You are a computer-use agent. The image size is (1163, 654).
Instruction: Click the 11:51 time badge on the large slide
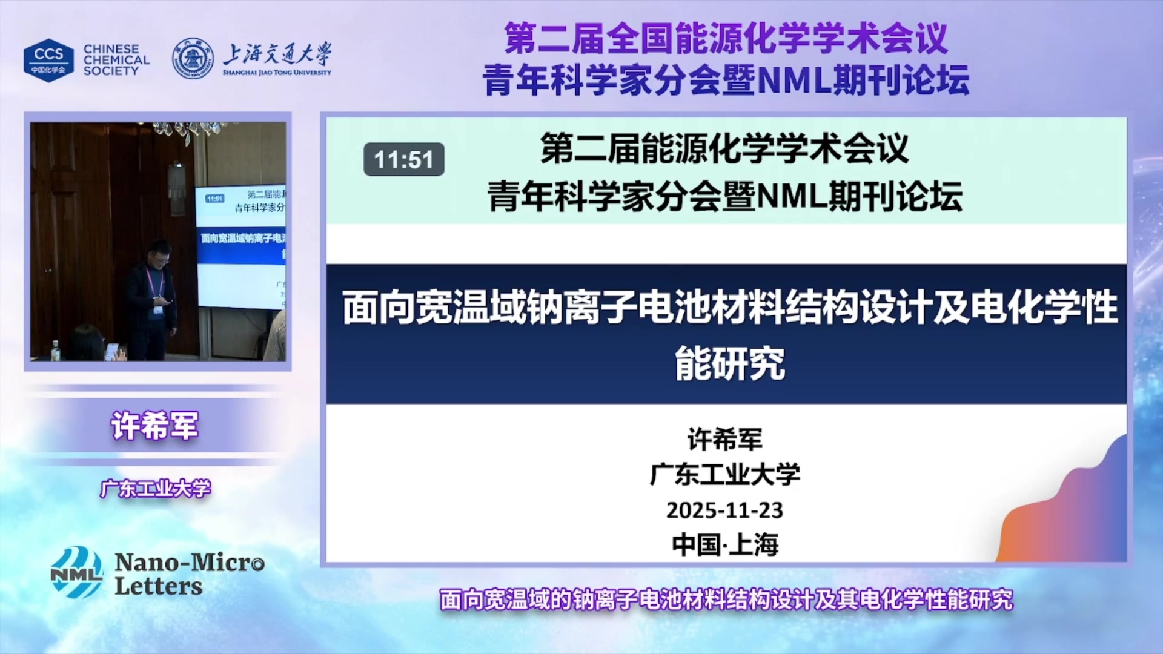(403, 160)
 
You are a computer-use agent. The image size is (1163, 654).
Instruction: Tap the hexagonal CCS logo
(48, 60)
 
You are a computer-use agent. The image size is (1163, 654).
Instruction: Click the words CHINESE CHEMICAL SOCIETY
(116, 60)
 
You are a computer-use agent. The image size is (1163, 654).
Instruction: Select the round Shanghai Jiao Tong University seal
(193, 59)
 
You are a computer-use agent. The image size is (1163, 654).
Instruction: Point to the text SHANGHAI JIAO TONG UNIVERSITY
(277, 73)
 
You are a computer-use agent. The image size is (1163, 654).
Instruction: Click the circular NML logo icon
(76, 572)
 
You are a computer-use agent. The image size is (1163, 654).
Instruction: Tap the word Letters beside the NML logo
(159, 586)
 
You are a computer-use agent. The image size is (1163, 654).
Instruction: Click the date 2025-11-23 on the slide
(724, 510)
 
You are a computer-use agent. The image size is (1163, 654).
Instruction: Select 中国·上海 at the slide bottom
(724, 544)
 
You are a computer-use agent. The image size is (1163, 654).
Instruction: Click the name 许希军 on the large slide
(724, 439)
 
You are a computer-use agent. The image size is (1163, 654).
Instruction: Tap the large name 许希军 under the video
(154, 426)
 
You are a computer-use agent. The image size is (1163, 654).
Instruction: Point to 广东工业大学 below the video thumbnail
(156, 488)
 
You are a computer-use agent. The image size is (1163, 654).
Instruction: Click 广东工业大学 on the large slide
(724, 474)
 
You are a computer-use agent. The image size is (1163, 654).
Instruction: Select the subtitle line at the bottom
(726, 599)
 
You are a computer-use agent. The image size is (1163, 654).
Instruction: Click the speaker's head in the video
(159, 251)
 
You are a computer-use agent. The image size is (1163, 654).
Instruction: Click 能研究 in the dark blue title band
(730, 363)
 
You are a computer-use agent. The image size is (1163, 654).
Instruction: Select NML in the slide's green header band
(791, 197)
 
